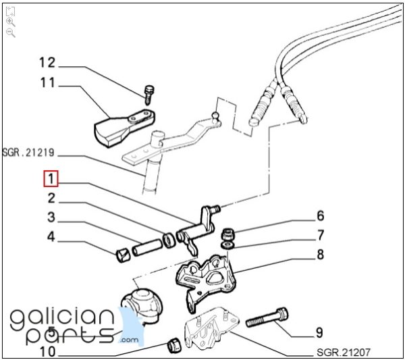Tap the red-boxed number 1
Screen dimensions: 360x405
coord(51,179)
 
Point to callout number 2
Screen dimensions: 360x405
coord(51,199)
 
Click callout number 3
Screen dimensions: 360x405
coord(51,217)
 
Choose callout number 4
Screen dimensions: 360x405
coord(51,237)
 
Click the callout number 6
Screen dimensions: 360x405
coord(320,217)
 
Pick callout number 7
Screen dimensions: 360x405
coord(320,235)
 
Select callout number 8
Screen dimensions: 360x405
coord(320,255)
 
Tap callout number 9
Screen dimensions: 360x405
coord(319,332)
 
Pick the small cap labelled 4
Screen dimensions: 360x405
coord(123,255)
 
